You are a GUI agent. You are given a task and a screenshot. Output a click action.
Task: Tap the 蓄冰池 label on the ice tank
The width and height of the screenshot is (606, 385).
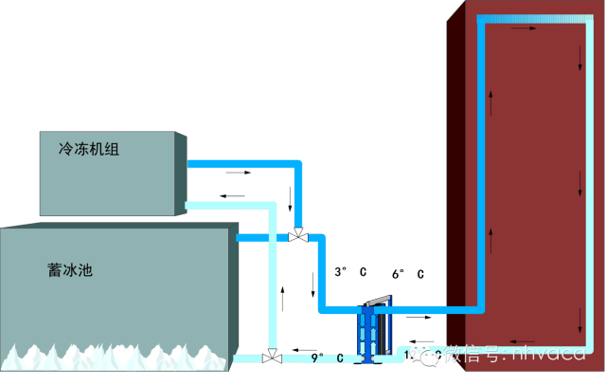point(70,270)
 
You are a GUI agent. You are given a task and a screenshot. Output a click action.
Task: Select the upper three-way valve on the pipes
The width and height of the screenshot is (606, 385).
point(298,235)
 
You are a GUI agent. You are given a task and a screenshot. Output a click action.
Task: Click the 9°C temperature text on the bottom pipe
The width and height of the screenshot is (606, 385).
point(326,357)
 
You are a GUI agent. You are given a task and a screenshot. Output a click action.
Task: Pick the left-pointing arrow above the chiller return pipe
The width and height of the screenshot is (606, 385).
point(225,195)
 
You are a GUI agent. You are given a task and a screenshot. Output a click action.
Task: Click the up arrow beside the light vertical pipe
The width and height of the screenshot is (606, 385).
point(281,286)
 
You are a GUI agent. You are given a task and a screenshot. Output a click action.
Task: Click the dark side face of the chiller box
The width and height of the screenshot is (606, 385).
point(181,174)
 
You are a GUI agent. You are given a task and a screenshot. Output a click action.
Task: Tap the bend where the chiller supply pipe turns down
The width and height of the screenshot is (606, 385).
point(298,166)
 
